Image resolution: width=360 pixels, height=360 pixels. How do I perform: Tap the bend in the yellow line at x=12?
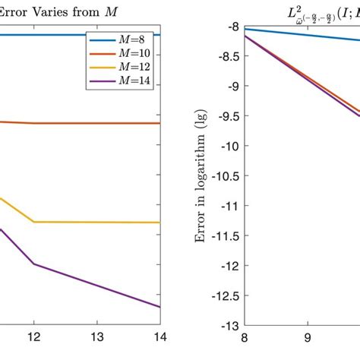pyautogui.click(x=34, y=222)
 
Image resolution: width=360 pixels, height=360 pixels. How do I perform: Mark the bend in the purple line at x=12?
pyautogui.click(x=34, y=264)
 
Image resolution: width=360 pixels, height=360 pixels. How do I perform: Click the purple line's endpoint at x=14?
pyautogui.click(x=160, y=307)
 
